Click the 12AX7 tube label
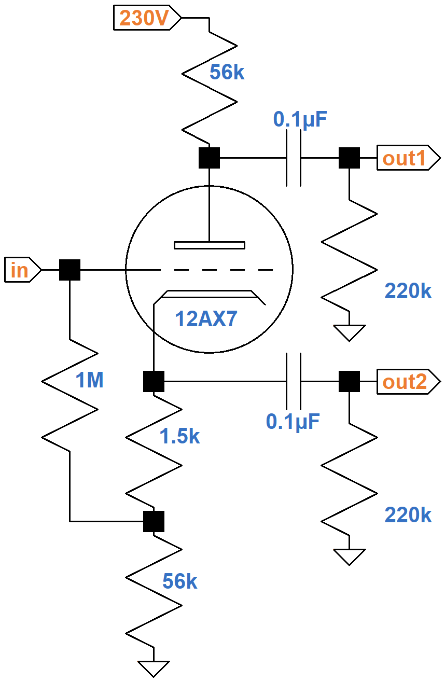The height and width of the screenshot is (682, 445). coord(206,319)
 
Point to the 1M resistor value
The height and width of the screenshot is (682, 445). coord(90,381)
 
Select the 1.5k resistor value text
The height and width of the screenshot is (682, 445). coord(179,437)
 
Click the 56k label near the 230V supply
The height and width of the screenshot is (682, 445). coord(227,73)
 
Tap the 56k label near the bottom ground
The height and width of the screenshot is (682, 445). coord(179,581)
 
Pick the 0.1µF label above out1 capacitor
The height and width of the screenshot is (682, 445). coord(300,120)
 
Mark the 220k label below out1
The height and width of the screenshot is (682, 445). coord(408,291)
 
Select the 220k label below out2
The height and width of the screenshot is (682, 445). coord(408,515)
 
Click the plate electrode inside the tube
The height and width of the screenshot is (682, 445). coord(209,245)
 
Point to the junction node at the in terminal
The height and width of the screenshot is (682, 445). coord(69,270)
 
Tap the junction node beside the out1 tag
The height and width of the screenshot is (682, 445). coord(349,158)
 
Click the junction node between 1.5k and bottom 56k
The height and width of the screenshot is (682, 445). coord(154,521)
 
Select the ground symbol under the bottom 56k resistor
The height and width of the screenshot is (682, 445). coord(154,668)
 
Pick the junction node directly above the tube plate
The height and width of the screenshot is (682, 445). coord(209,158)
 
